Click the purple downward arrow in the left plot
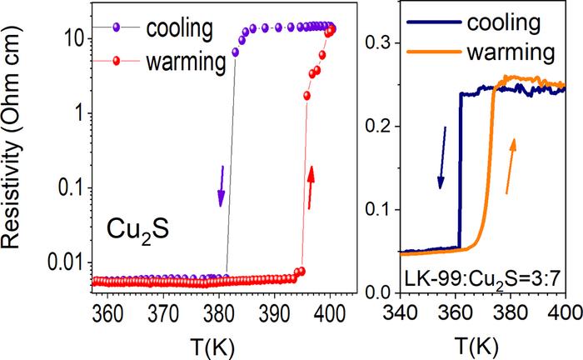click(x=222, y=186)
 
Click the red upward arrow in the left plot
click(x=311, y=186)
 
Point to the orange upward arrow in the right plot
click(x=511, y=166)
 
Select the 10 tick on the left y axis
click(x=72, y=37)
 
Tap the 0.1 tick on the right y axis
click(x=381, y=208)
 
